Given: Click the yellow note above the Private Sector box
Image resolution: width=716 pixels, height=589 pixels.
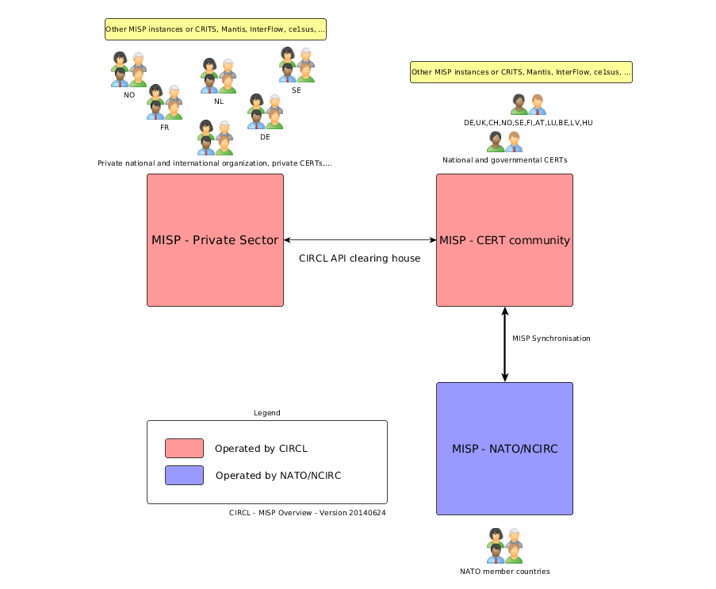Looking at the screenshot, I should pos(215,29).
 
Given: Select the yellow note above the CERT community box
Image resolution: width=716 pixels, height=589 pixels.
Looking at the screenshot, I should pos(521,72).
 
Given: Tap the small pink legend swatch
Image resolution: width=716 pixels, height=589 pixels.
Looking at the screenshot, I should pos(184,449).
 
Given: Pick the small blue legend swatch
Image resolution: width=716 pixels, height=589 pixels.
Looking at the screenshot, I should pos(184,475).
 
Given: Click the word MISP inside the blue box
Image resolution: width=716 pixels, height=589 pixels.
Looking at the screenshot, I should pos(465,449).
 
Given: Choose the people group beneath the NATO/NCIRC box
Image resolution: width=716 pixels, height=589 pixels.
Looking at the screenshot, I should pos(505,546).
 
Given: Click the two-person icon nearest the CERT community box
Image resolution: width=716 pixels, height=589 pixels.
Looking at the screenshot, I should pos(504,142).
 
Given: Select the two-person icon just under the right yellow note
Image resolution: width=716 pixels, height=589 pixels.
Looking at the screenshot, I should pos(528,105).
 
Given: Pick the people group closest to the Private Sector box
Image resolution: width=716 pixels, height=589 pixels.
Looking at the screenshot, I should pos(215,138).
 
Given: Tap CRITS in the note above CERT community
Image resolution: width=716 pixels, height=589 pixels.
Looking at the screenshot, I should pos(511,72).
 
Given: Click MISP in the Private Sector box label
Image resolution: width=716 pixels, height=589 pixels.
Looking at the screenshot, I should pos(165,240).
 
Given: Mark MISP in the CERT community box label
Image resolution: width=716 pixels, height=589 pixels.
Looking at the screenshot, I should pos(453,240).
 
